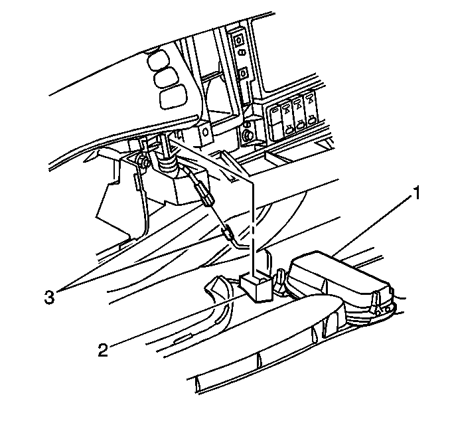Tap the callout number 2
[103, 350]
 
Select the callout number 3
[49, 297]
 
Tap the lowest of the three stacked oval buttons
[173, 96]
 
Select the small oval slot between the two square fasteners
[242, 52]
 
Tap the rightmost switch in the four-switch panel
[311, 110]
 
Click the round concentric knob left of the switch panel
[247, 135]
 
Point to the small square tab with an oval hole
[206, 133]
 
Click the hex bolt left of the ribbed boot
[143, 161]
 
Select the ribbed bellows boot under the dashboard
[168, 165]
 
